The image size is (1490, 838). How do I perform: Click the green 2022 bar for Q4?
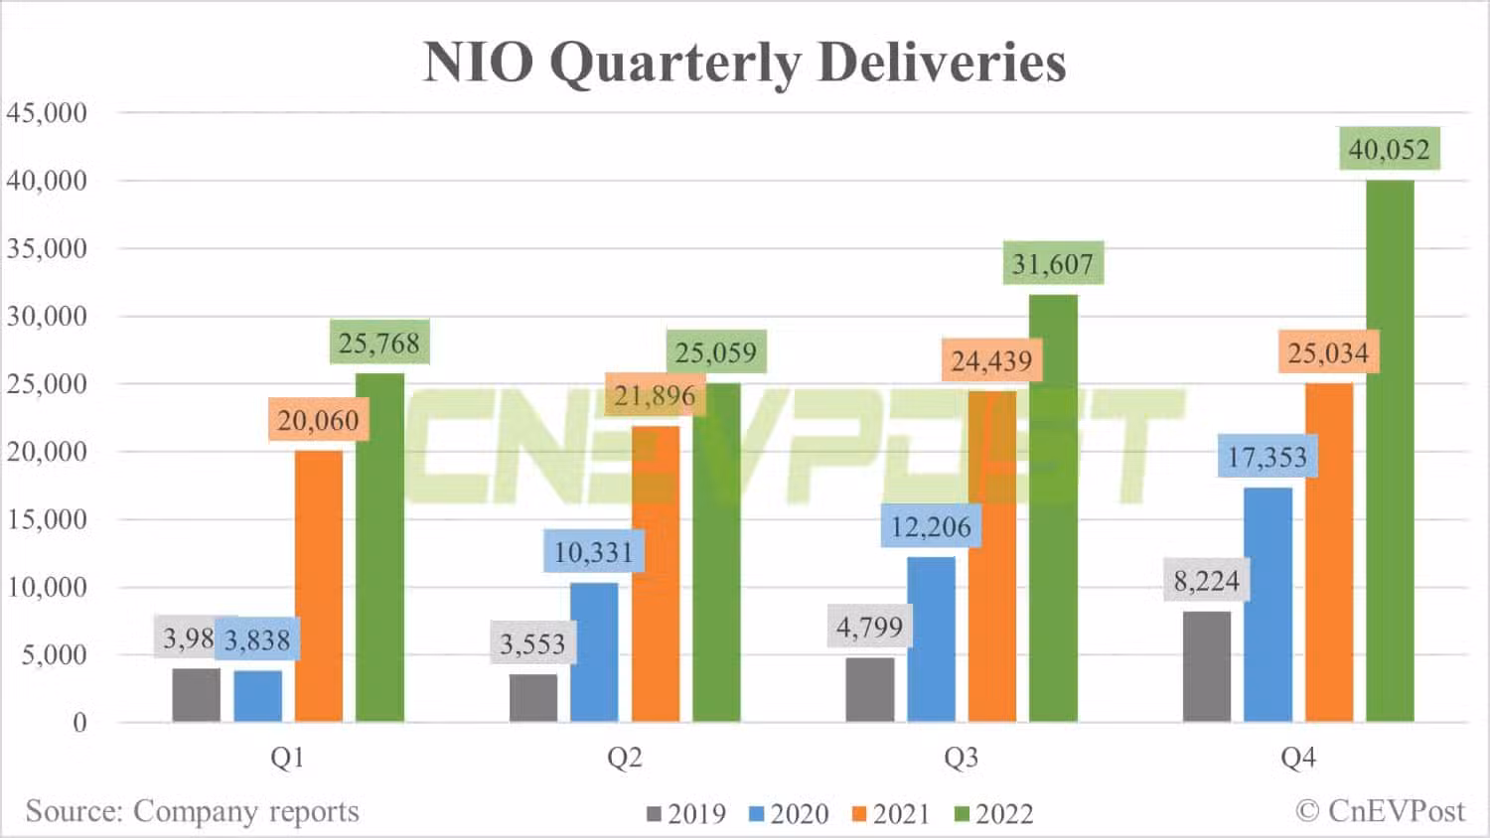point(1390,451)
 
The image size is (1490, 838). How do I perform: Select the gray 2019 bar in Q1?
point(196,695)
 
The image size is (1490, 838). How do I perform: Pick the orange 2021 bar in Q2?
point(656,573)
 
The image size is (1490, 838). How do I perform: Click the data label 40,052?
point(1389,150)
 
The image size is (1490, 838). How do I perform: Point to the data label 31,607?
point(1052,264)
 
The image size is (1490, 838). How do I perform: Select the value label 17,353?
point(1267,457)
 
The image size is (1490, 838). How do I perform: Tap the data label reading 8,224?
point(1207,580)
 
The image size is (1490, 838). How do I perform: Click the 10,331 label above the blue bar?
point(593,552)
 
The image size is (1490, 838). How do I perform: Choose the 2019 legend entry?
point(686,814)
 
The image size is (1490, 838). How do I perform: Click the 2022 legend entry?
point(994,814)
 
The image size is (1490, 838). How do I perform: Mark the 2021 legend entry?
point(891,814)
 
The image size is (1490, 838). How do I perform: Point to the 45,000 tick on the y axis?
point(47,113)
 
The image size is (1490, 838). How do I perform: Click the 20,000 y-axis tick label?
point(47,452)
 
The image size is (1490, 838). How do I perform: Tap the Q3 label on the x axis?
point(961,759)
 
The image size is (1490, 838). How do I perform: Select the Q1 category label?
point(287,759)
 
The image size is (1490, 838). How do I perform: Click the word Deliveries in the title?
point(942,62)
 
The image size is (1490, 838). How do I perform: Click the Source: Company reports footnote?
point(192,811)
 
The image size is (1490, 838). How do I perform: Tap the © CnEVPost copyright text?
point(1380,811)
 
